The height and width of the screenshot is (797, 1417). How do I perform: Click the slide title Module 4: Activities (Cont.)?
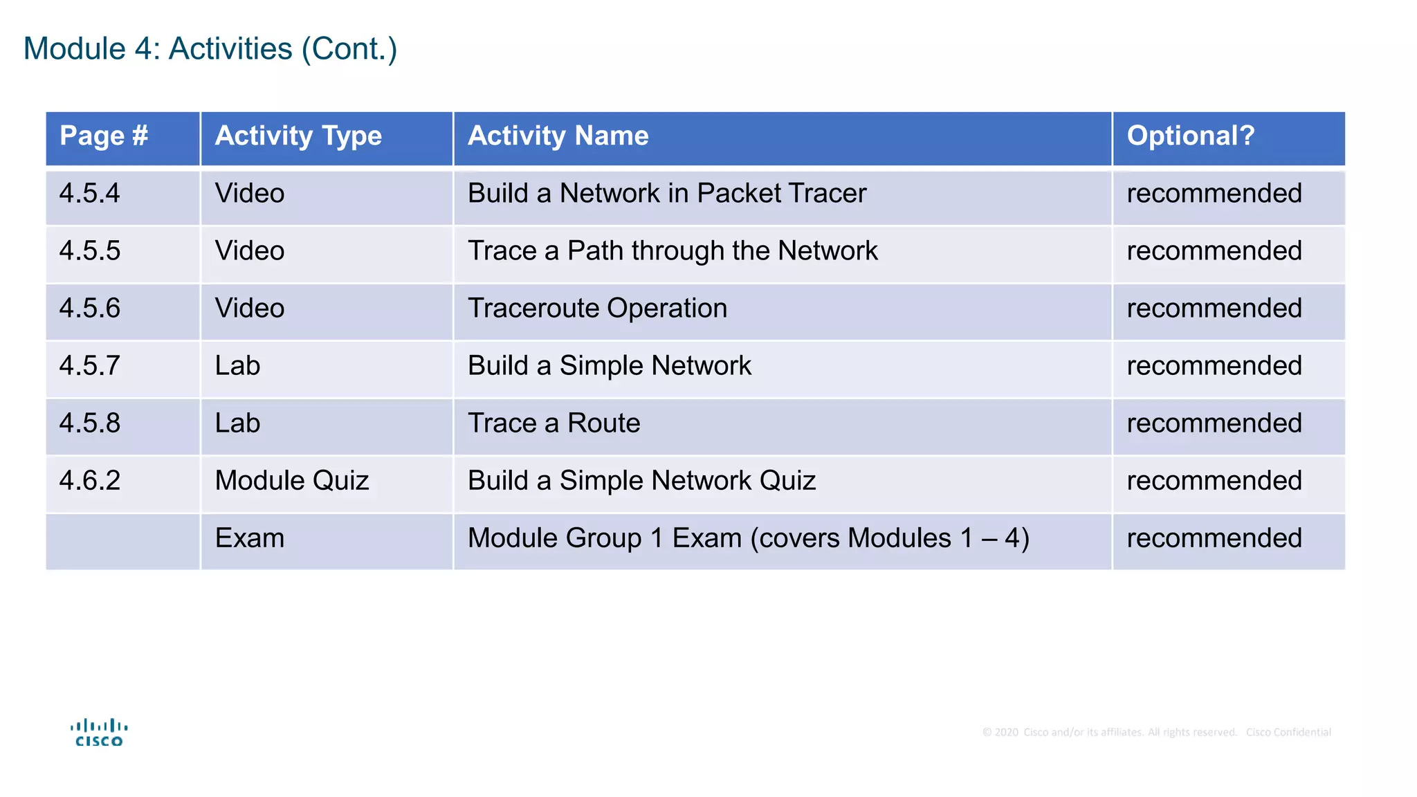coord(210,49)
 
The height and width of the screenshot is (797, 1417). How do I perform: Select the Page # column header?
coord(104,136)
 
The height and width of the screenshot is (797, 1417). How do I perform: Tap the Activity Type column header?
coord(298,136)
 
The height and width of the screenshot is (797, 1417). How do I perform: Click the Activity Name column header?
coord(558,136)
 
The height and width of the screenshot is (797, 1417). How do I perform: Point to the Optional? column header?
coord(1190,136)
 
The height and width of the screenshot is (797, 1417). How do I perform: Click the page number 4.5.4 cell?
coord(90,194)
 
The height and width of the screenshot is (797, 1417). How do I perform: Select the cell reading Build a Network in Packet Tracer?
coord(666,194)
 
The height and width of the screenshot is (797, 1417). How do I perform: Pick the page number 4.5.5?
coord(90,251)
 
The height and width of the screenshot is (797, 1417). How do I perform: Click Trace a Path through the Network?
coord(672,251)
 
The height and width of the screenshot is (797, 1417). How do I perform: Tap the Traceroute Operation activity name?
coord(597,309)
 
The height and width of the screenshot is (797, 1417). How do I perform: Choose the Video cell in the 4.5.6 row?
coord(250,309)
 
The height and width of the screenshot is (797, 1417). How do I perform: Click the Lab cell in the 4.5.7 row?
coord(237,366)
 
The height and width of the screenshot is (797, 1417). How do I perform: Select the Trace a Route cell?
coord(554,423)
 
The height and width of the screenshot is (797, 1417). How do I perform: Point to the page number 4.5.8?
coord(90,423)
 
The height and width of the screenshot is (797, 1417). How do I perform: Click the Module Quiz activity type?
coord(292,481)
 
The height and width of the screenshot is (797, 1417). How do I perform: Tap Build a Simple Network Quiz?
coord(641,481)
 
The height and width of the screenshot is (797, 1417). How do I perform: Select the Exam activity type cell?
coord(250,538)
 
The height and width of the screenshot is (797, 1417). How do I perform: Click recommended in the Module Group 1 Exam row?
coord(1214,538)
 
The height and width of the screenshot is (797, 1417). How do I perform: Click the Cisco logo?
coord(99,733)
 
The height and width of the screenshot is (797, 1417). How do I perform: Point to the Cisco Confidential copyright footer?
coord(1156,733)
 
